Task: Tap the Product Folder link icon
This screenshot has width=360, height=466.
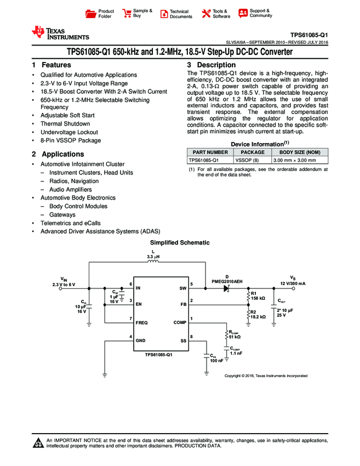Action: click(92, 14)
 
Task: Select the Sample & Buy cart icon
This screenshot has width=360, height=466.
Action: click(127, 14)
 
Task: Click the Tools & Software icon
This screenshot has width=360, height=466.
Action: click(206, 14)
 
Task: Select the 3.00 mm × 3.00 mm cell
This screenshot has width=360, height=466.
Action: click(294, 160)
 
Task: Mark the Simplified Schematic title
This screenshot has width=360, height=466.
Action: click(180, 242)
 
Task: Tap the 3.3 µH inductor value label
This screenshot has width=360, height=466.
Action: click(153, 257)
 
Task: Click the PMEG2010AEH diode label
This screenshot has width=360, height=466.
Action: click(227, 281)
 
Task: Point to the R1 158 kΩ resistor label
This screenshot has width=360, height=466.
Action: click(258, 295)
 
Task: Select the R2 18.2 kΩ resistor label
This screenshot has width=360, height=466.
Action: click(258, 314)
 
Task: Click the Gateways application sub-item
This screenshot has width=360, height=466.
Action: click(62, 215)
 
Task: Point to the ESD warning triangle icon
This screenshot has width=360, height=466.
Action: click(39, 443)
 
